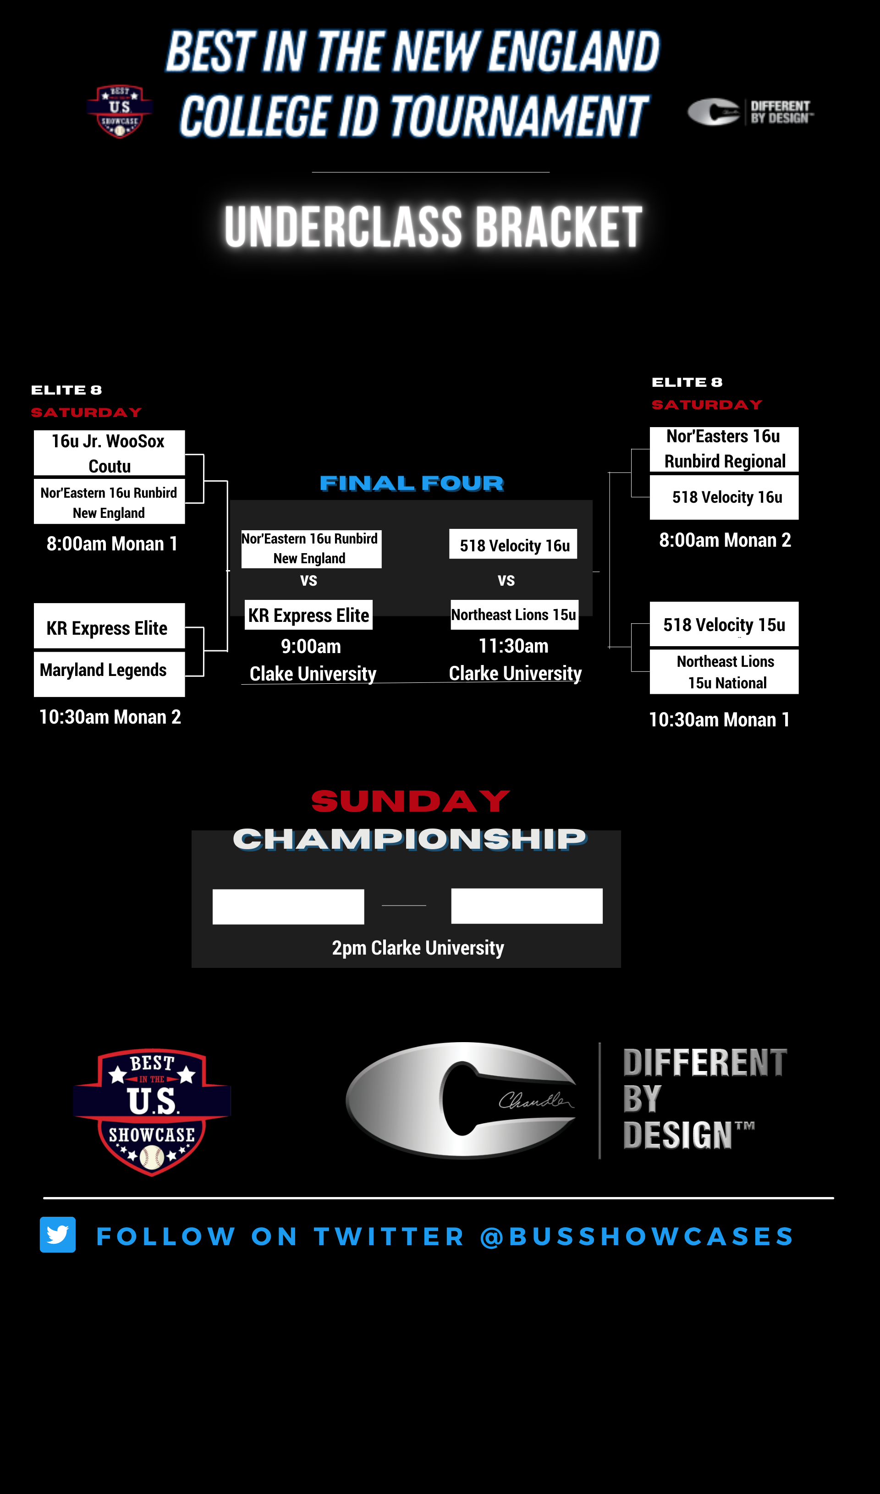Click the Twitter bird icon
point(57,1235)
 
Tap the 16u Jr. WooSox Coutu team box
point(109,453)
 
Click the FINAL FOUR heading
point(412,483)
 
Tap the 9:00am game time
point(311,646)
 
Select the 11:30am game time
point(513,646)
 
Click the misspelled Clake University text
point(313,674)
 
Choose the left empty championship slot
point(288,906)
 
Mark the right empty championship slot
point(527,906)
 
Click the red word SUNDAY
point(410,802)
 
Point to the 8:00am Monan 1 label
point(112,544)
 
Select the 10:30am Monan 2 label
point(110,717)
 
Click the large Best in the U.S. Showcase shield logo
point(152,1112)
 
